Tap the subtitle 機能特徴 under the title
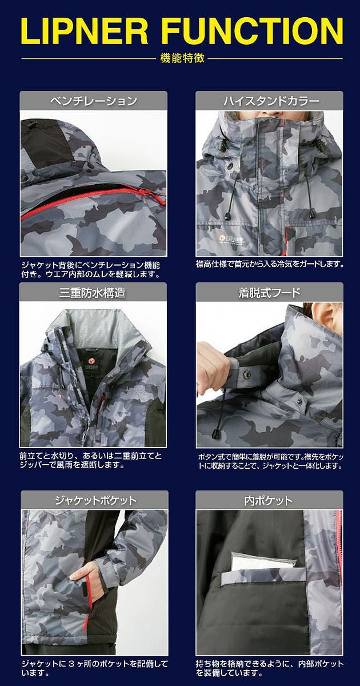(179, 58)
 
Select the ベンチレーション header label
(94, 101)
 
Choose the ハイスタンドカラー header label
(270, 101)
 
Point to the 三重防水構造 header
(94, 293)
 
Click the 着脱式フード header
(270, 293)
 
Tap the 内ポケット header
(270, 500)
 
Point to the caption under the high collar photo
(270, 265)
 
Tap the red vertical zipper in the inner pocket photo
(341, 572)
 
